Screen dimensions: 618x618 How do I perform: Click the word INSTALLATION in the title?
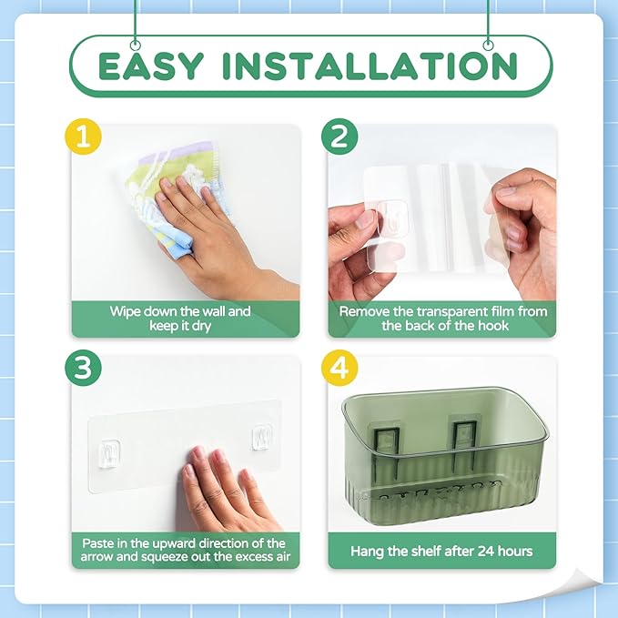click(370, 66)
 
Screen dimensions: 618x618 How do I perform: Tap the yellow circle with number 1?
click(83, 137)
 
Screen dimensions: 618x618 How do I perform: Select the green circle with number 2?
click(339, 137)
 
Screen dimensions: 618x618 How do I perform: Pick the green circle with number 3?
click(83, 368)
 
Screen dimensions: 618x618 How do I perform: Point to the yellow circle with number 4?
click(339, 368)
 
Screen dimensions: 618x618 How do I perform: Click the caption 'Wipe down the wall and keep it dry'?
click(180, 319)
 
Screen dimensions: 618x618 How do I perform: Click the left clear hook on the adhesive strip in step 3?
click(109, 453)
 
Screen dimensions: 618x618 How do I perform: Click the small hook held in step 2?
click(391, 218)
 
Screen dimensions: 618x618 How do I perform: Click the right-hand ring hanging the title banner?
click(489, 45)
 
